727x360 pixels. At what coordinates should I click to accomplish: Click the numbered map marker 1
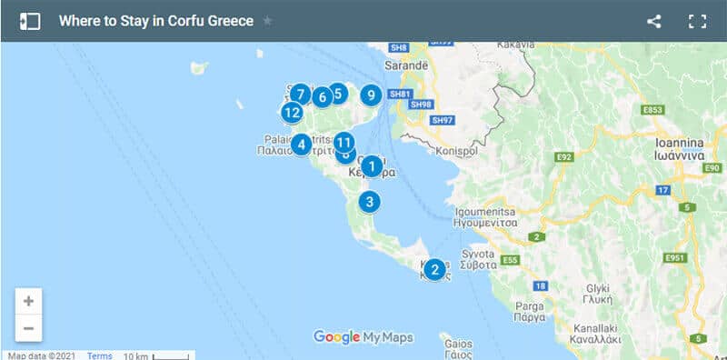371,165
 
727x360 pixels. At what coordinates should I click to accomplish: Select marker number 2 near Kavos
434,269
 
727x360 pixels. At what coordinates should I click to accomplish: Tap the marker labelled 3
368,202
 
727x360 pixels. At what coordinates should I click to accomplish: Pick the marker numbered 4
301,144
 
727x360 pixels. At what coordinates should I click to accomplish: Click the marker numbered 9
370,95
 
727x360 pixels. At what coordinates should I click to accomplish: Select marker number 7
300,93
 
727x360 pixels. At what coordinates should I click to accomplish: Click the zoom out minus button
29,328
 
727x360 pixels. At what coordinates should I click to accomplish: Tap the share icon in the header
654,21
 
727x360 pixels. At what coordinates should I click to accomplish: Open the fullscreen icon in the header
697,21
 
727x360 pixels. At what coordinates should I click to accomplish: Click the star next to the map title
267,21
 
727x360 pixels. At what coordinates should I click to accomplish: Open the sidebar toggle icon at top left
30,21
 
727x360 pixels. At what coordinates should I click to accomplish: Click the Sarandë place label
405,66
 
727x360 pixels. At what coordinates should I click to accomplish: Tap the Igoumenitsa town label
484,215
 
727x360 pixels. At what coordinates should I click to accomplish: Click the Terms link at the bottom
99,355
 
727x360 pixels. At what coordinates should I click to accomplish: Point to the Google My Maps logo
363,337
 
